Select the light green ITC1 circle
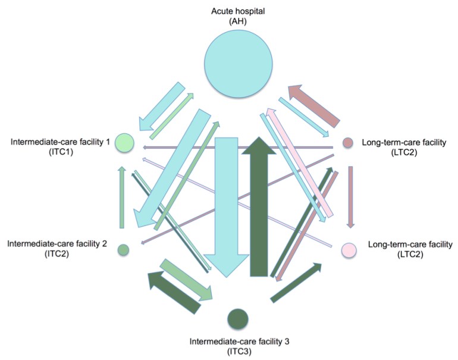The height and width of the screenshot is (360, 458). pos(124,143)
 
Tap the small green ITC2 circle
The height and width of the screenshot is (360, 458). pos(123,250)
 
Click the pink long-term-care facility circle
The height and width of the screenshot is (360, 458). pos(349,250)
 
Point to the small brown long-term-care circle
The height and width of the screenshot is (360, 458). pos(349,143)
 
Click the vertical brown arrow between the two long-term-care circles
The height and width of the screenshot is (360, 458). pos(350,196)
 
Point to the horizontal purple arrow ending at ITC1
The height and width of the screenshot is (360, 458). pos(238,147)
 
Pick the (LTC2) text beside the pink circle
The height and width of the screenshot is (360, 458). pos(411,254)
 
